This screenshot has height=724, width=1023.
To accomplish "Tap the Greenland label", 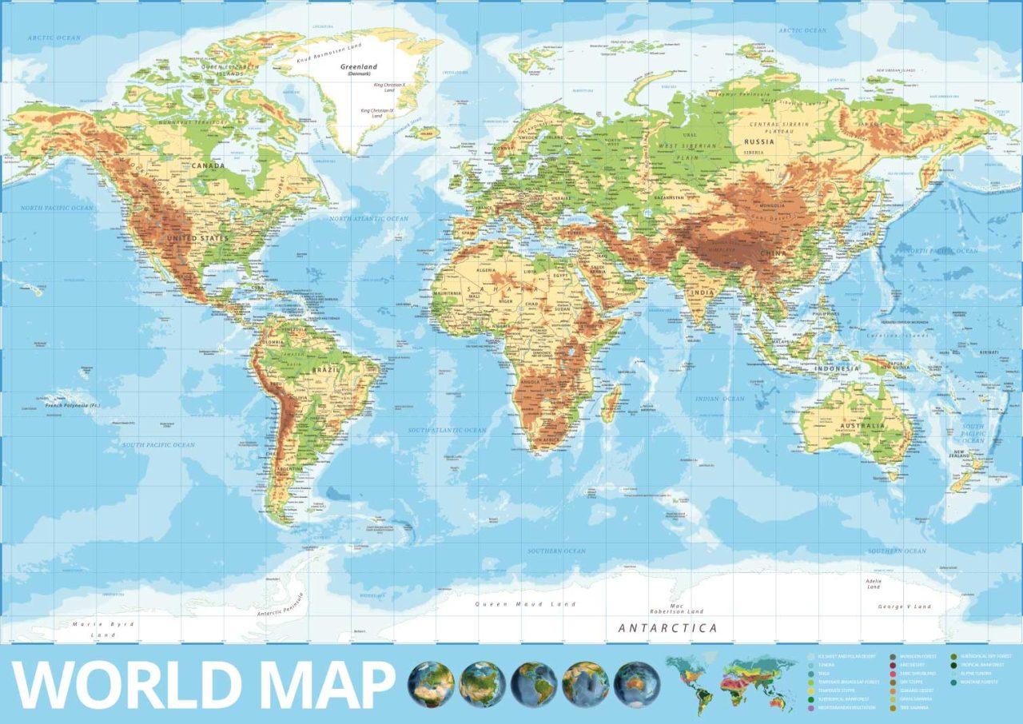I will [359, 67].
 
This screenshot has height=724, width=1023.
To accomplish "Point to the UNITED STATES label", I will [197, 238].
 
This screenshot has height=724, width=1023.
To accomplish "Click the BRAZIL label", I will [328, 371].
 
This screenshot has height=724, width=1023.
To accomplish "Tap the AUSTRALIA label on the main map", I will [862, 426].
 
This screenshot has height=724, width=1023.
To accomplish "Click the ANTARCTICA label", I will [667, 628].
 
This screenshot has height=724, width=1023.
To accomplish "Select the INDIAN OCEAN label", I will [719, 399].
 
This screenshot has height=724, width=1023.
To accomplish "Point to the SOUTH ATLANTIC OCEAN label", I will [447, 430].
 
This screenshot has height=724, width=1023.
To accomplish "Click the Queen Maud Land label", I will [525, 604].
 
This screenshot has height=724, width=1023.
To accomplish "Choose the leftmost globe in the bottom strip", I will [431, 685].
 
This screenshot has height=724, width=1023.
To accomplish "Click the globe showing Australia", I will [637, 685].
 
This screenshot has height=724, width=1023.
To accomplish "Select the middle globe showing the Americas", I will [534, 685].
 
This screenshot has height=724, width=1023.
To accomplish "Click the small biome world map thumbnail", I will [730, 684].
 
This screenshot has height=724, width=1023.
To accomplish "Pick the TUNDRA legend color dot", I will [811, 665].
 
